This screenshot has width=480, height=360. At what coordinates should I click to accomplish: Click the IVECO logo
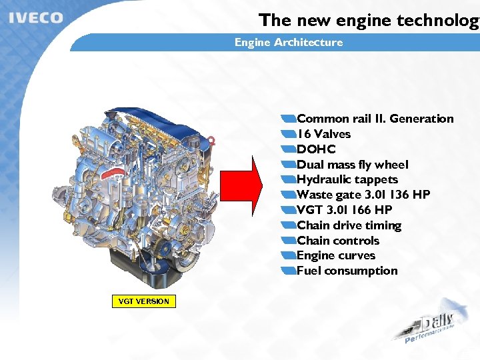(36, 17)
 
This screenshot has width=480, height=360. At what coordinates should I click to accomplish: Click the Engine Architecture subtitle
(288, 43)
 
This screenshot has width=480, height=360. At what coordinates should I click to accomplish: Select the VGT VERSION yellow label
(143, 301)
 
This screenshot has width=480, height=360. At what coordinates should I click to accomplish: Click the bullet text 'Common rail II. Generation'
(375, 119)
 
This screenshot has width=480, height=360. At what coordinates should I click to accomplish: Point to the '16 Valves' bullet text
(323, 134)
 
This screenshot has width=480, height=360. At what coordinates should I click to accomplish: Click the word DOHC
(316, 149)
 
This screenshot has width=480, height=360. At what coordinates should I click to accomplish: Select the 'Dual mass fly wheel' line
(352, 165)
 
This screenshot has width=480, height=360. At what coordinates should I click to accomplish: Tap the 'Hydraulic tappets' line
(347, 179)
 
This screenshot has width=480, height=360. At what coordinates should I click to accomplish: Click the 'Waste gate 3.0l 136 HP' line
(363, 195)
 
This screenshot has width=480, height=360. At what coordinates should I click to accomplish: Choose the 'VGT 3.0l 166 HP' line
(344, 210)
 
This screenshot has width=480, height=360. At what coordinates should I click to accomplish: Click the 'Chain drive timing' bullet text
(349, 225)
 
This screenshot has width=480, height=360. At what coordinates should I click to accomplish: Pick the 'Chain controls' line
(337, 241)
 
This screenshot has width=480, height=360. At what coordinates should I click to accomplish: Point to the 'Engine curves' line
(335, 255)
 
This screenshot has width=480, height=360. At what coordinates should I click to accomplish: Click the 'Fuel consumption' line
(347, 271)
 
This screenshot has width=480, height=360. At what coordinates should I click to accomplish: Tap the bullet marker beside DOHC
(288, 149)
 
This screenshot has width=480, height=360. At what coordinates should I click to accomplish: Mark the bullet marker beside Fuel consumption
(288, 271)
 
